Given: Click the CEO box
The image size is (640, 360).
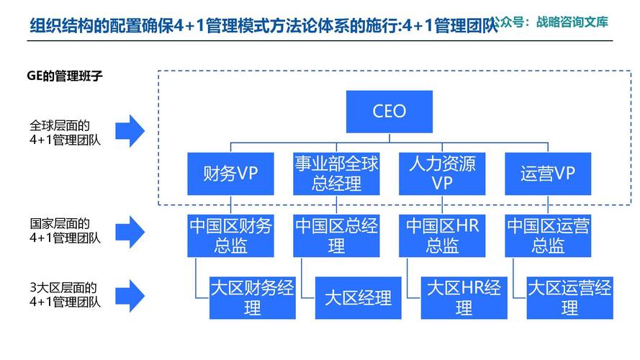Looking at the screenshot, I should click(389, 112).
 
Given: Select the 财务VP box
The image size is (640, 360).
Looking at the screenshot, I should click(230, 174).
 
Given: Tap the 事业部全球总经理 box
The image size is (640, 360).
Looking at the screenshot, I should click(336, 174).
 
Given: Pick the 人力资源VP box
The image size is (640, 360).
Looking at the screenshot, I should click(442, 174).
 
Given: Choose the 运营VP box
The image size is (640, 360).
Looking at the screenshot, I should click(548, 174).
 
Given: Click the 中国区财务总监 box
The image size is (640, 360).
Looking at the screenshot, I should click(230, 236).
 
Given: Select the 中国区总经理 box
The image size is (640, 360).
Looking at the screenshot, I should click(336, 236).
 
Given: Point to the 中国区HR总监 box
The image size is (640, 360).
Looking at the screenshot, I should click(442, 236).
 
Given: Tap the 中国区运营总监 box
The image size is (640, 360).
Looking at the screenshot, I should click(548, 236).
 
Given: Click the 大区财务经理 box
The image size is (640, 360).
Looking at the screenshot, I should click(252, 298).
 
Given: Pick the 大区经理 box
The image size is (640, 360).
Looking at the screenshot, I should click(358, 298).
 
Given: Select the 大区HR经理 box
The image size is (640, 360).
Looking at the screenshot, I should click(464, 298).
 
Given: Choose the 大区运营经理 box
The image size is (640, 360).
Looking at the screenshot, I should click(569, 298).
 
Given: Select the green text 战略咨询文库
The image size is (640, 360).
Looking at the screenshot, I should click(572, 22).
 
